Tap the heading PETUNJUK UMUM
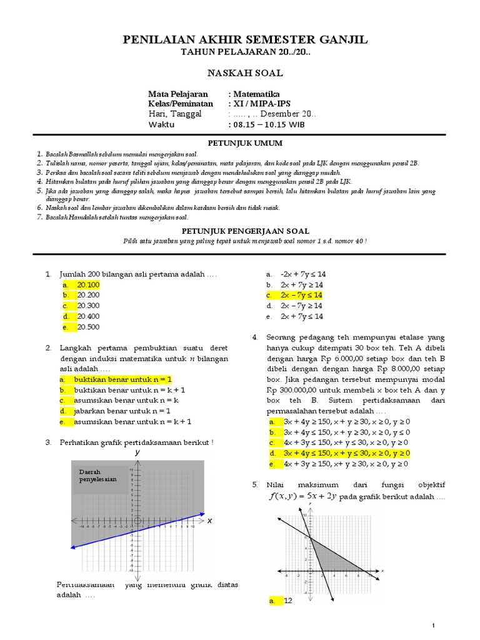point(240,143)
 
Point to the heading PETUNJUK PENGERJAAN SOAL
point(240,231)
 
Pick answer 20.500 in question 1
point(88,327)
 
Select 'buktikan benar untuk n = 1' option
point(122,379)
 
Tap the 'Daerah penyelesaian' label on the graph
point(94,474)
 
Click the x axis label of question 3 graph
point(209,520)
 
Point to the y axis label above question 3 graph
point(137,452)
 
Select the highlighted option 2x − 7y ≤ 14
point(301,295)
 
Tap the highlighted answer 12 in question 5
point(288,601)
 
